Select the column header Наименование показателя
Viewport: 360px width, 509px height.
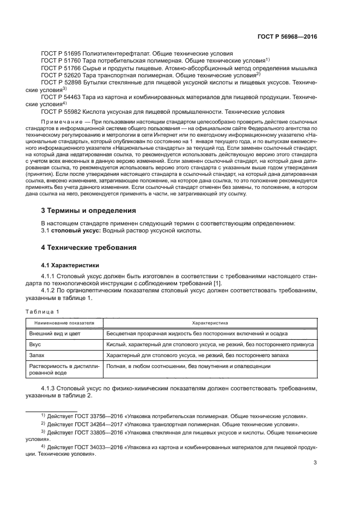click(x=61, y=323)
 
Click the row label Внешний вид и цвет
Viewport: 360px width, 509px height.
click(x=54, y=333)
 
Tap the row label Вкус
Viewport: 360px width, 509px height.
click(x=35, y=345)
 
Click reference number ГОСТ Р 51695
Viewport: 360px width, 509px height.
click(x=61, y=53)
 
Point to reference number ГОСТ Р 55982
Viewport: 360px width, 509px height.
click(x=61, y=111)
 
